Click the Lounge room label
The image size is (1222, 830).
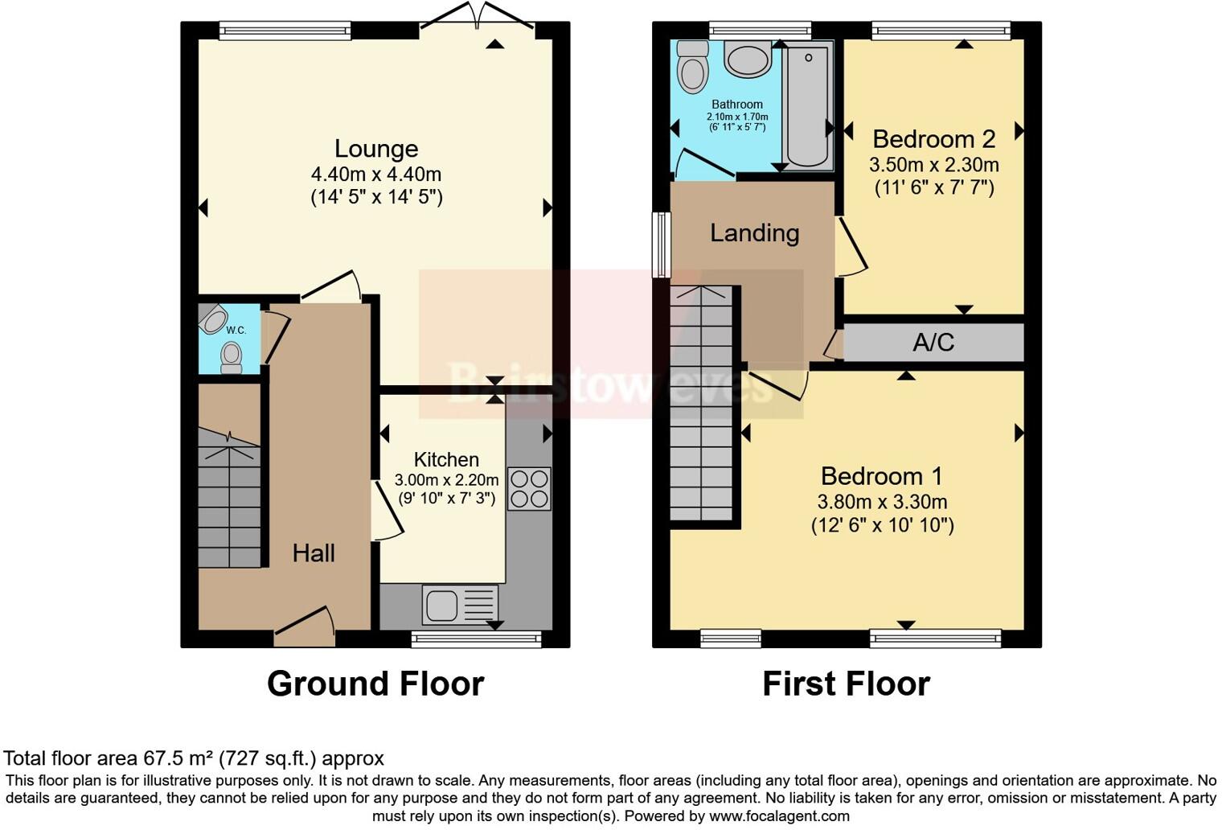(376, 149)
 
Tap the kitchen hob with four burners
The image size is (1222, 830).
(529, 488)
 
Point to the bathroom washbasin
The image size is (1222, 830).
(748, 60)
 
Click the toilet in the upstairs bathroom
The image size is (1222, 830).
(692, 68)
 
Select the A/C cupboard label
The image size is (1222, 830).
(933, 343)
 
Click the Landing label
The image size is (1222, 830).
(754, 233)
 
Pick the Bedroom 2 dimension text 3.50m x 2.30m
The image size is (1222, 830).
(933, 165)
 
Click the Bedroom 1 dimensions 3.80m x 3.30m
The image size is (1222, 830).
(882, 502)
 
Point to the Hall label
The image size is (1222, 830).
(314, 553)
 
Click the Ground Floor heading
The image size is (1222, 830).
(375, 684)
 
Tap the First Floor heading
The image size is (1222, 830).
(846, 684)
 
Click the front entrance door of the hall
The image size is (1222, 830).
(304, 629)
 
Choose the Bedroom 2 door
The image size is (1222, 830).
(849, 245)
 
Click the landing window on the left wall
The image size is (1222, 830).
(661, 244)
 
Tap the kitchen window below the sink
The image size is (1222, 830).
(476, 639)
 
